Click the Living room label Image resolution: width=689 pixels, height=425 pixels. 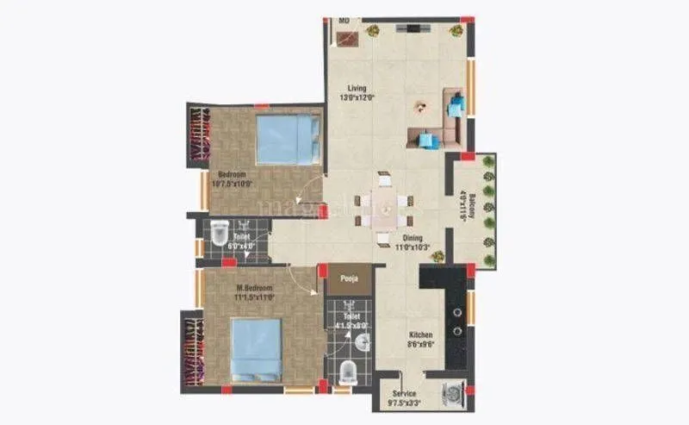[x=357, y=88]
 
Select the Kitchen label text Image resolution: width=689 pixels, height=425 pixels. [x=420, y=334]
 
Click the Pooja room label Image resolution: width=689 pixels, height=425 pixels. [x=349, y=279]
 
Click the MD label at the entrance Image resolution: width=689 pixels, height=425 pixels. [x=344, y=20]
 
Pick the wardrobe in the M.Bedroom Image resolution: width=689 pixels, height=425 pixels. [x=191, y=353]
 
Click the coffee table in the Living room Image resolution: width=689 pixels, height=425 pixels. [x=420, y=109]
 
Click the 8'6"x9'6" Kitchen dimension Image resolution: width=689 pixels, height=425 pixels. [x=420, y=344]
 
